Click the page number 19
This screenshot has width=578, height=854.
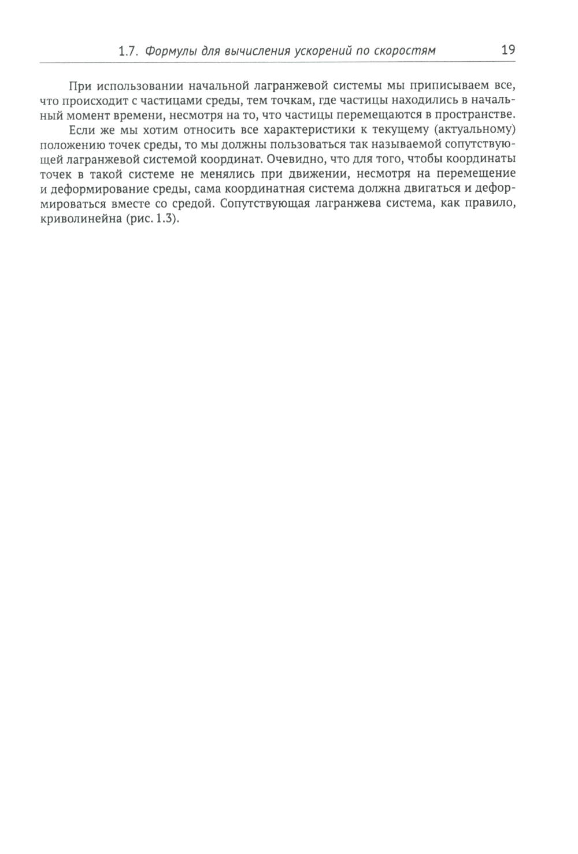pos(507,50)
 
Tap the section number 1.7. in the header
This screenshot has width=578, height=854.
pos(128,51)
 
